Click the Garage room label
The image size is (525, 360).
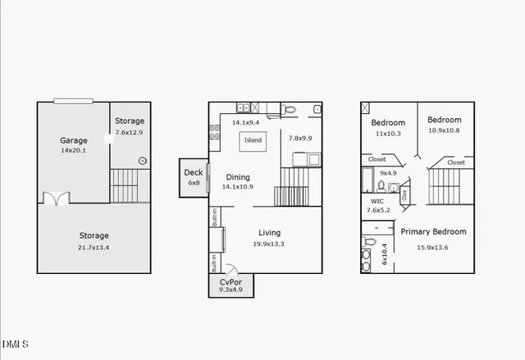point(73,140)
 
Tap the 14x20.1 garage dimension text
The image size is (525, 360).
point(73,151)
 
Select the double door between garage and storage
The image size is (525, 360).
point(55,198)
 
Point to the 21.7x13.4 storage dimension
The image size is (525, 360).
point(93,247)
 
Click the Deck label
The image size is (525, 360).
point(194,172)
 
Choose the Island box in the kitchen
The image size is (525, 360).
point(253,140)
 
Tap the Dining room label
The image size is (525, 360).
point(238,177)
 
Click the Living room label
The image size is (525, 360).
point(269,233)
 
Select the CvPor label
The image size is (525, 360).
point(230,281)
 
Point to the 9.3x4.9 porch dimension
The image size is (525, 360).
point(230,289)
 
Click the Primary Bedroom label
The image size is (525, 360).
point(433,232)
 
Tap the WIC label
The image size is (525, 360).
point(377,201)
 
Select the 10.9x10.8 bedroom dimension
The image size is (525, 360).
point(444,130)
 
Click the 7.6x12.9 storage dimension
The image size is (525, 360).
point(129,132)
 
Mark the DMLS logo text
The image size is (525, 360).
point(16,343)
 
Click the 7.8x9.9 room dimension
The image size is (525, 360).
point(301,139)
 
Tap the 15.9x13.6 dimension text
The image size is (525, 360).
point(433,247)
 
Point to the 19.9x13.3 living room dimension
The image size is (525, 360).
point(269,244)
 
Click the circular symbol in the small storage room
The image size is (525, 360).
point(143,161)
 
